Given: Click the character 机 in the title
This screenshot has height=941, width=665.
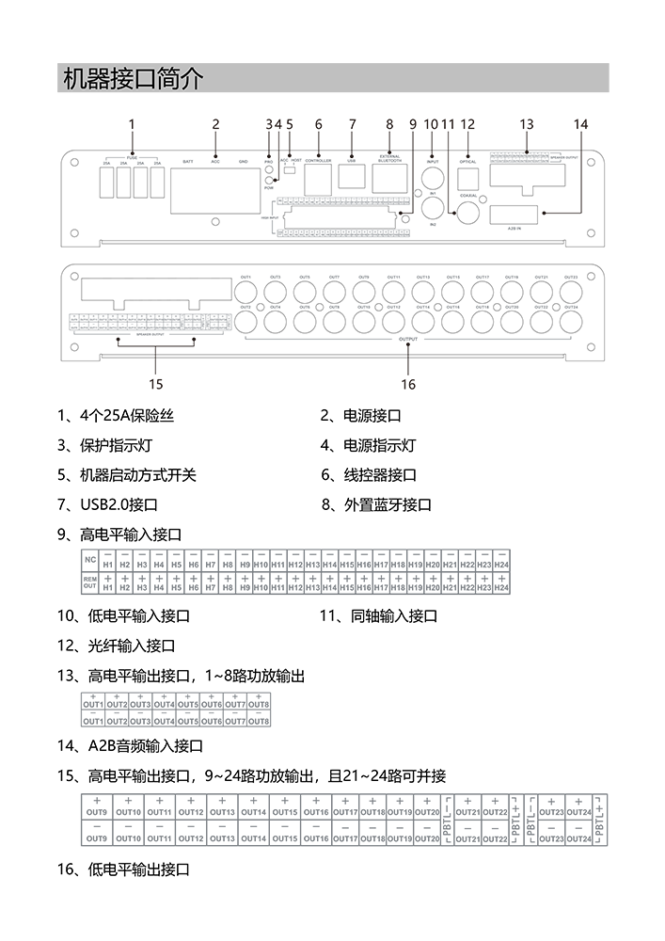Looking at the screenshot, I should [71, 79].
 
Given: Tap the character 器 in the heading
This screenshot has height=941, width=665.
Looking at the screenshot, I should [92, 79].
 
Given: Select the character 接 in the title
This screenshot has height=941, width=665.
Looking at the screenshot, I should [114, 79].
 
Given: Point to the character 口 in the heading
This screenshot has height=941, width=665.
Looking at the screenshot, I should [135, 79].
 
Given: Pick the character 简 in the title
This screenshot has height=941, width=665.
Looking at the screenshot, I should [156, 79].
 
